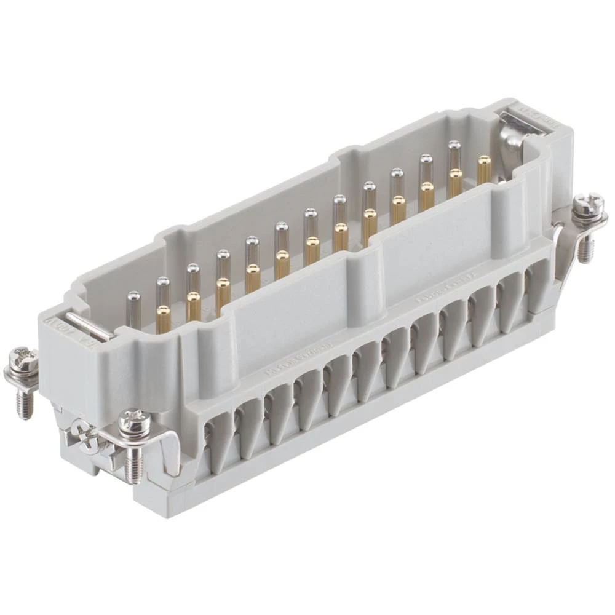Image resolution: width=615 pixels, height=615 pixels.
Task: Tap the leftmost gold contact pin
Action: click(x=164, y=318)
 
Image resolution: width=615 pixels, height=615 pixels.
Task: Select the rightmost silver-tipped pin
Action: click(x=454, y=152)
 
